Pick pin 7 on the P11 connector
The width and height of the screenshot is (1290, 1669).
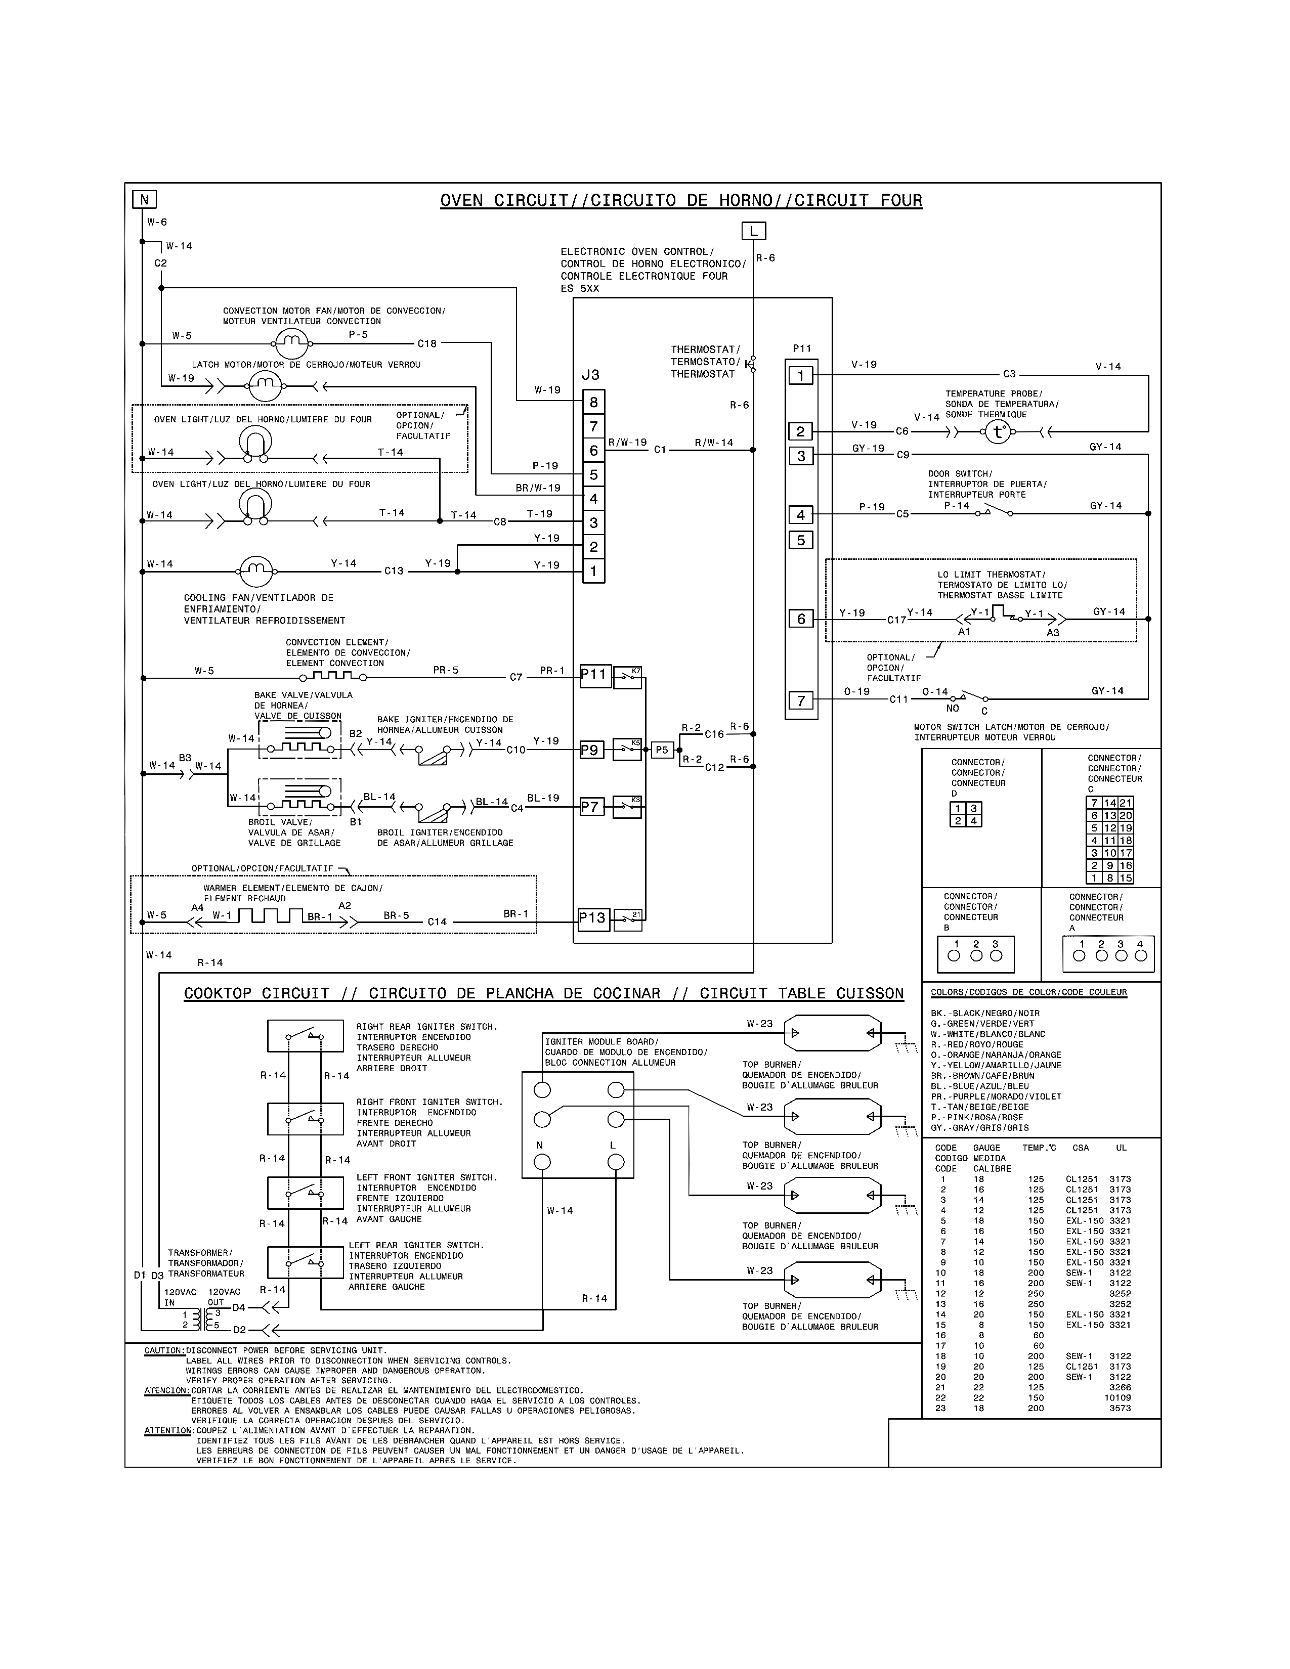(801, 700)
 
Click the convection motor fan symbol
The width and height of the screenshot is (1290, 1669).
(290, 344)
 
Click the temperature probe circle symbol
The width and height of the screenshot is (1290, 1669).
(997, 432)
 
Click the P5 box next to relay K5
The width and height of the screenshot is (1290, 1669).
(662, 750)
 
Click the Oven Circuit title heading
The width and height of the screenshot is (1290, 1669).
(681, 201)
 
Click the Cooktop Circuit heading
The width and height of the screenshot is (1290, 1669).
(543, 993)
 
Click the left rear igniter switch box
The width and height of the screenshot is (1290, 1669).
(305, 1262)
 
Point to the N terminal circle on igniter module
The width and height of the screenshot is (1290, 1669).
(542, 1162)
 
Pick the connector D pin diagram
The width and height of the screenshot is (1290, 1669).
(965, 815)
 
